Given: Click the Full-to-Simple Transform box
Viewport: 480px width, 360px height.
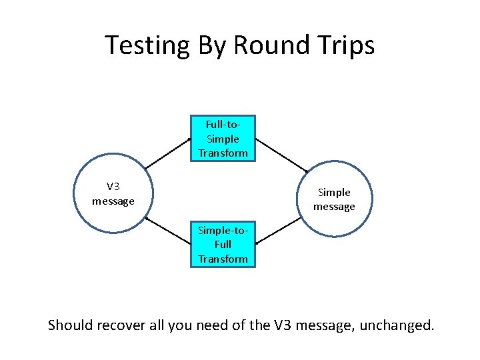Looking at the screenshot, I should click(223, 139).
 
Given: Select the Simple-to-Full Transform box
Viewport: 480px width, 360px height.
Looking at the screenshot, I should click(223, 244).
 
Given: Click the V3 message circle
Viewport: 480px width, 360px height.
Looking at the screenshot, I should click(113, 193).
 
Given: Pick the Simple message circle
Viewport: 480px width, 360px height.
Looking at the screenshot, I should click(334, 199).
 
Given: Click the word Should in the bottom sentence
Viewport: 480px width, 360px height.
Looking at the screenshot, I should click(70, 325).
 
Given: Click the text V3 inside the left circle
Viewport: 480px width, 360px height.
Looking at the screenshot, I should click(113, 187).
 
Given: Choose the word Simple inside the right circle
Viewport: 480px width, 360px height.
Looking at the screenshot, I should click(334, 193).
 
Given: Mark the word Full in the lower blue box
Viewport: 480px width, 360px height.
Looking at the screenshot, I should click(223, 244).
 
